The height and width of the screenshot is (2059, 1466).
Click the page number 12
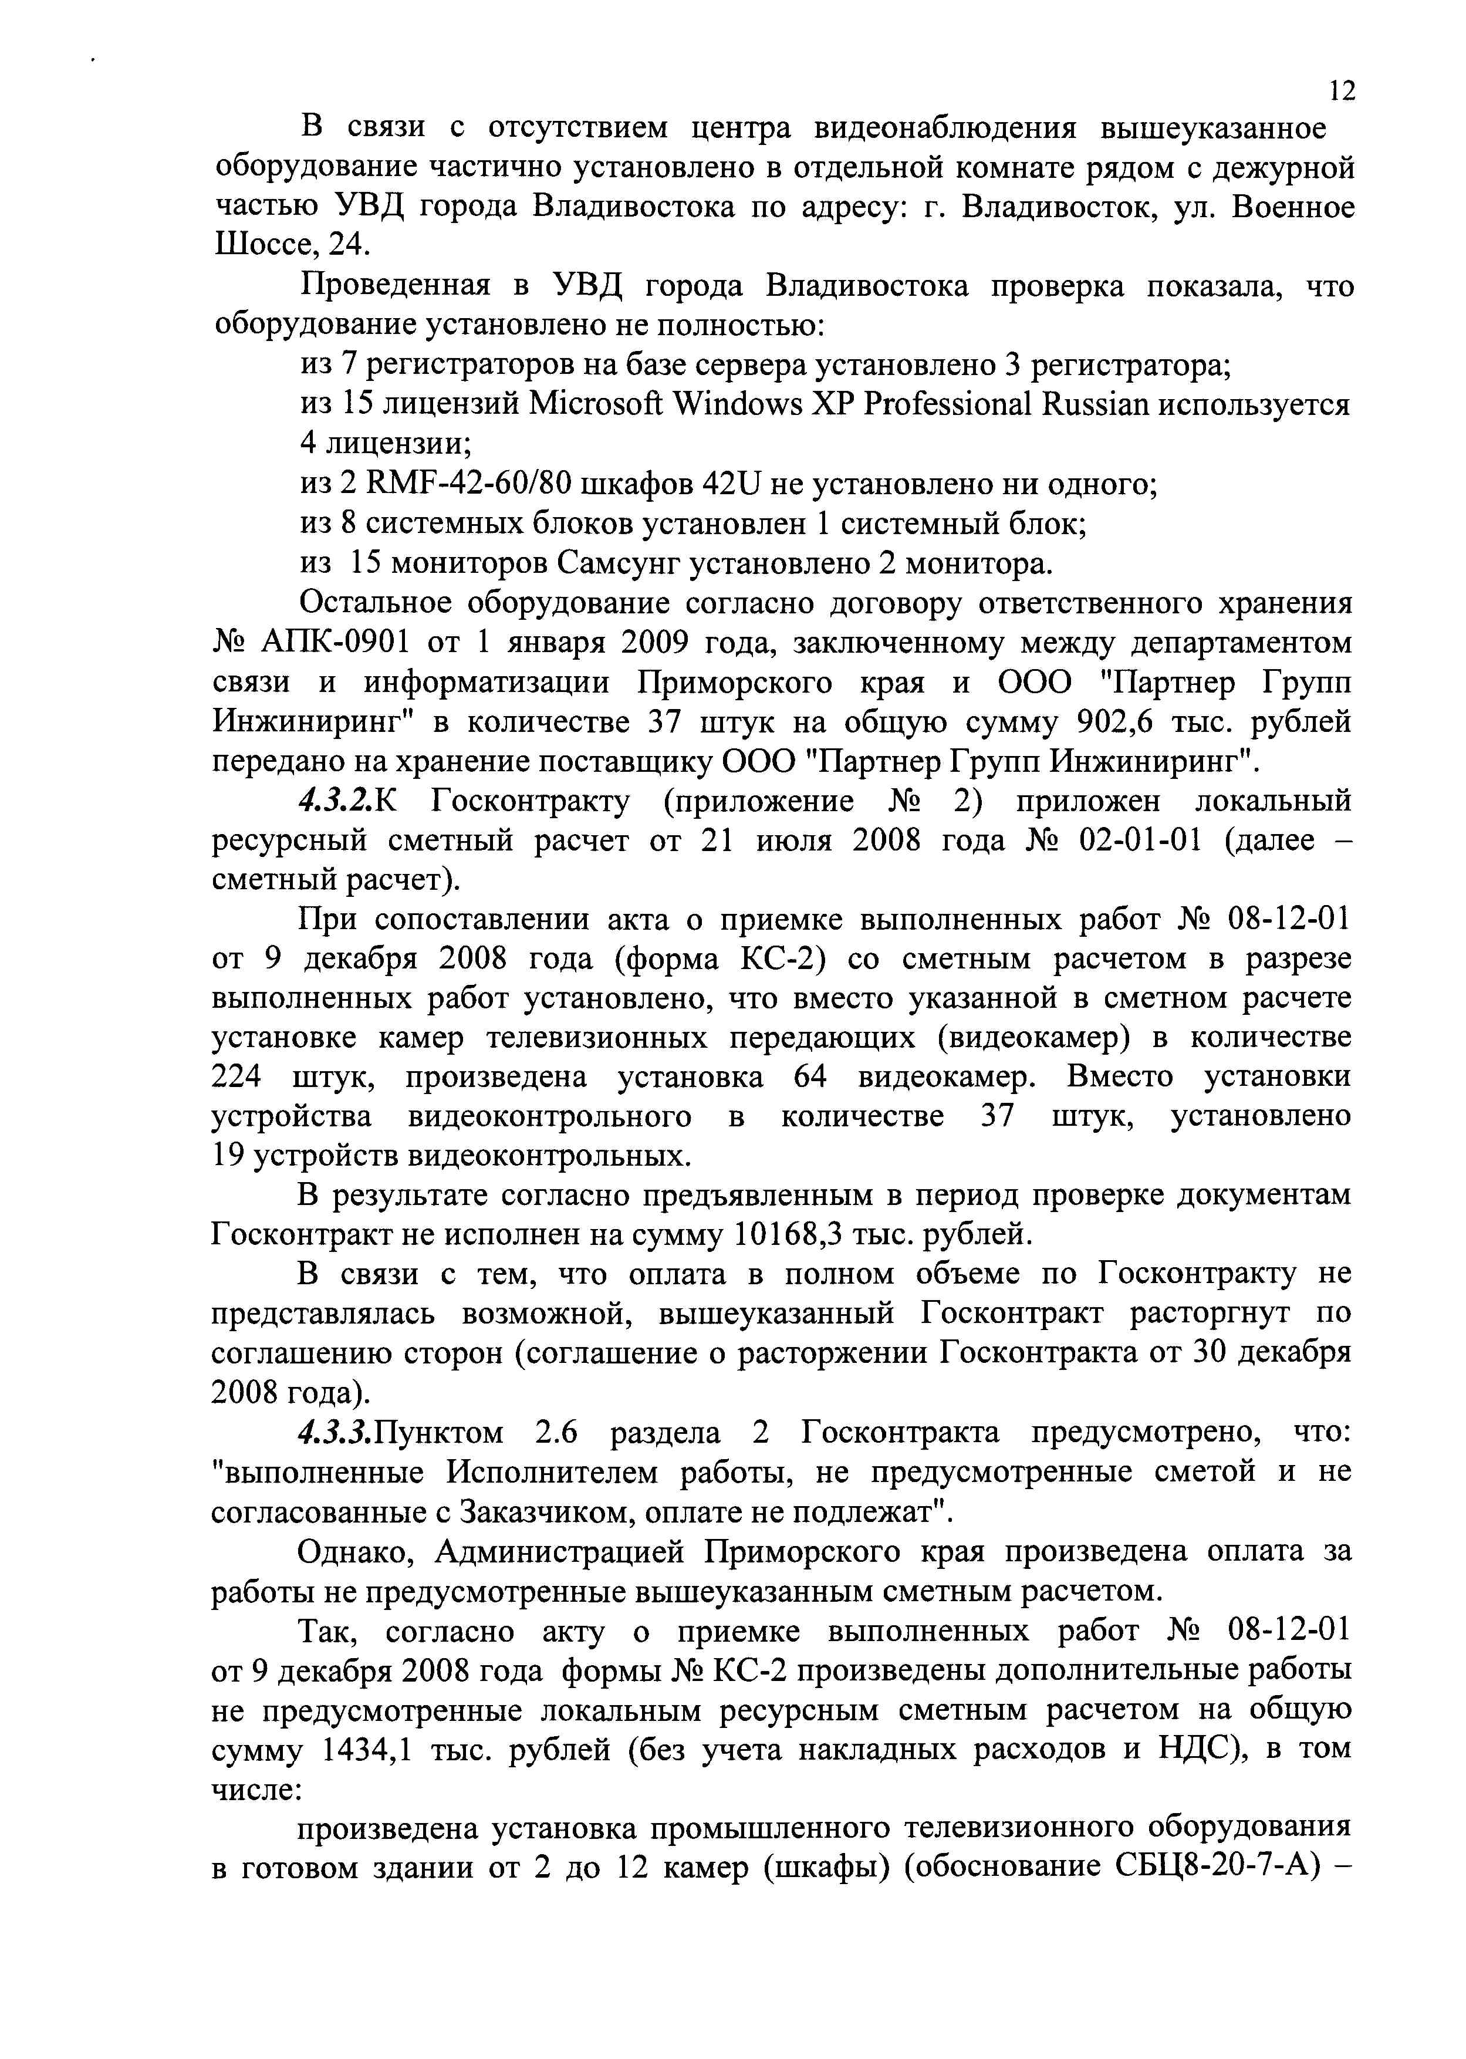[1342, 90]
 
